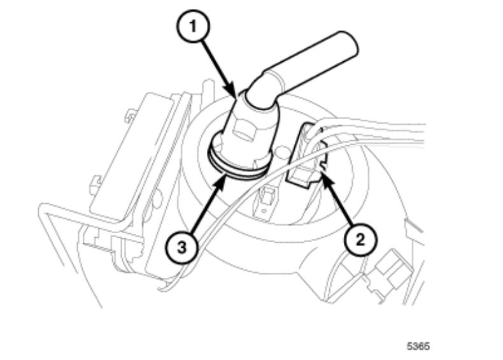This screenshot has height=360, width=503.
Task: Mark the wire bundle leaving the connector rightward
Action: coord(382,134)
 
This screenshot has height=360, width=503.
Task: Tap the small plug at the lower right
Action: coord(386,268)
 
